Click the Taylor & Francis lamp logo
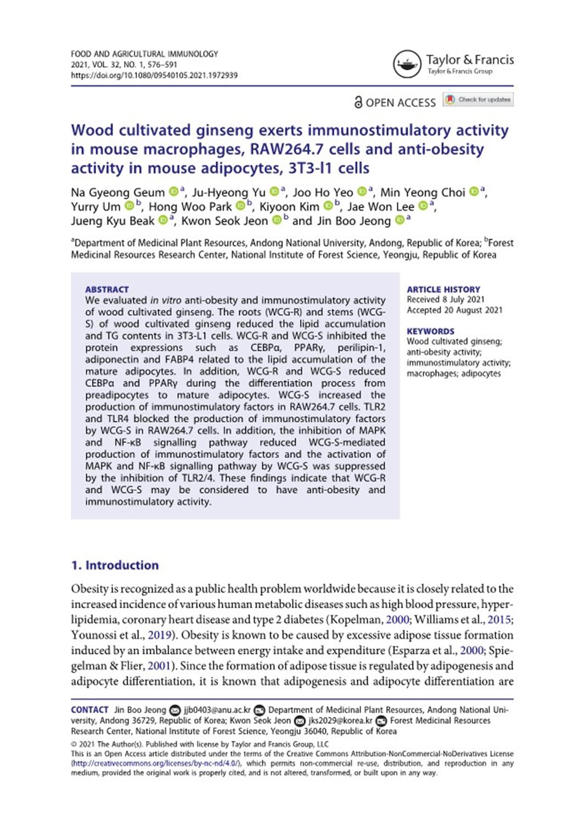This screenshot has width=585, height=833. [x=407, y=64]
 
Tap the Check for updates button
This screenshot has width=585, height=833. [x=479, y=99]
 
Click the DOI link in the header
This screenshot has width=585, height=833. [x=154, y=75]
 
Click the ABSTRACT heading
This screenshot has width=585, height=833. [x=107, y=289]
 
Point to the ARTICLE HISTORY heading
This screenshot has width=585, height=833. [x=443, y=289]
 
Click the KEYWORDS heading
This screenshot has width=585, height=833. [x=430, y=331]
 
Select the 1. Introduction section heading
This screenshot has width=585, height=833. [x=115, y=565]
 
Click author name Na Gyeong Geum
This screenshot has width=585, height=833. [x=118, y=193]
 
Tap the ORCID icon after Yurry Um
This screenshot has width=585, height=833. [x=130, y=206]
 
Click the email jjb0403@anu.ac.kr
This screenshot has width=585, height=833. [x=217, y=709]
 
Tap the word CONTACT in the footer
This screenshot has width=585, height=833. [x=89, y=709]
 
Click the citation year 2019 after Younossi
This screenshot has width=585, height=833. [x=160, y=635]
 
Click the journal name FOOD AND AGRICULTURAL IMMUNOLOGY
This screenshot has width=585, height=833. [x=144, y=54]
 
